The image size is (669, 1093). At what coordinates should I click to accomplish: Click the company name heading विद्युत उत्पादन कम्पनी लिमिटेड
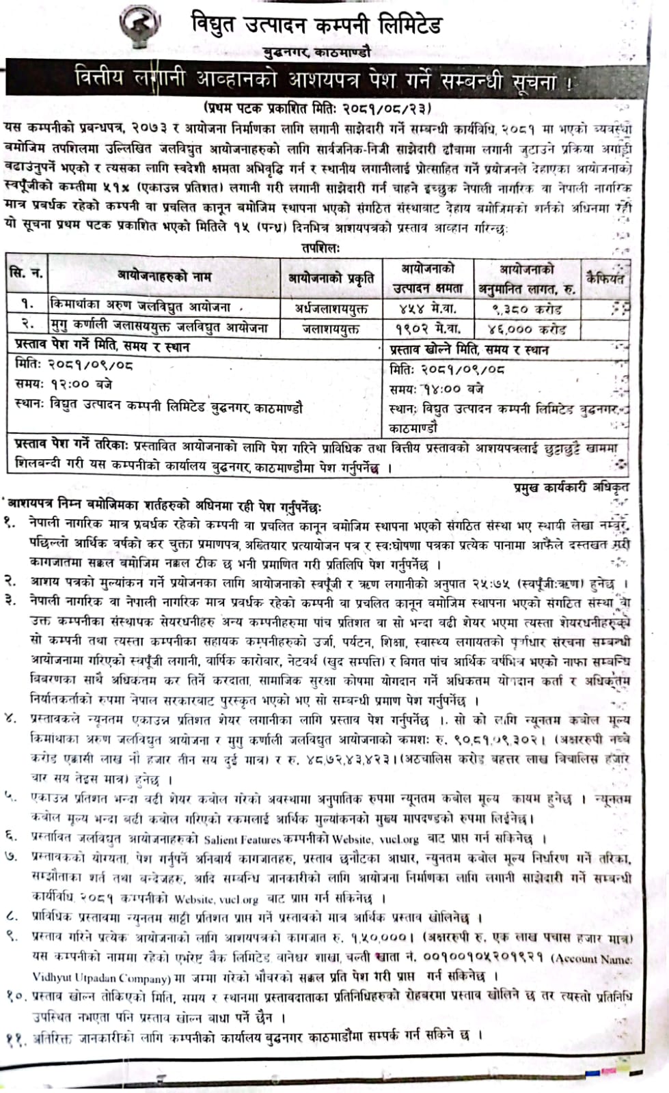[x=316, y=26]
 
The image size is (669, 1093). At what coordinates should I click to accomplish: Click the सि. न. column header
[x=27, y=275]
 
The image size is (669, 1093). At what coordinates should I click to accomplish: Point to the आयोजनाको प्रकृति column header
[x=331, y=278]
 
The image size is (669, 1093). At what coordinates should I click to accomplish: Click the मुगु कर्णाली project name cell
[x=159, y=328]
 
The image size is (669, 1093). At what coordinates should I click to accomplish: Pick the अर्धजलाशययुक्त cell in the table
[x=331, y=308]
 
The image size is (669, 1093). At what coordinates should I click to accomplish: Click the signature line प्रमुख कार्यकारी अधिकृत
[x=571, y=487]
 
